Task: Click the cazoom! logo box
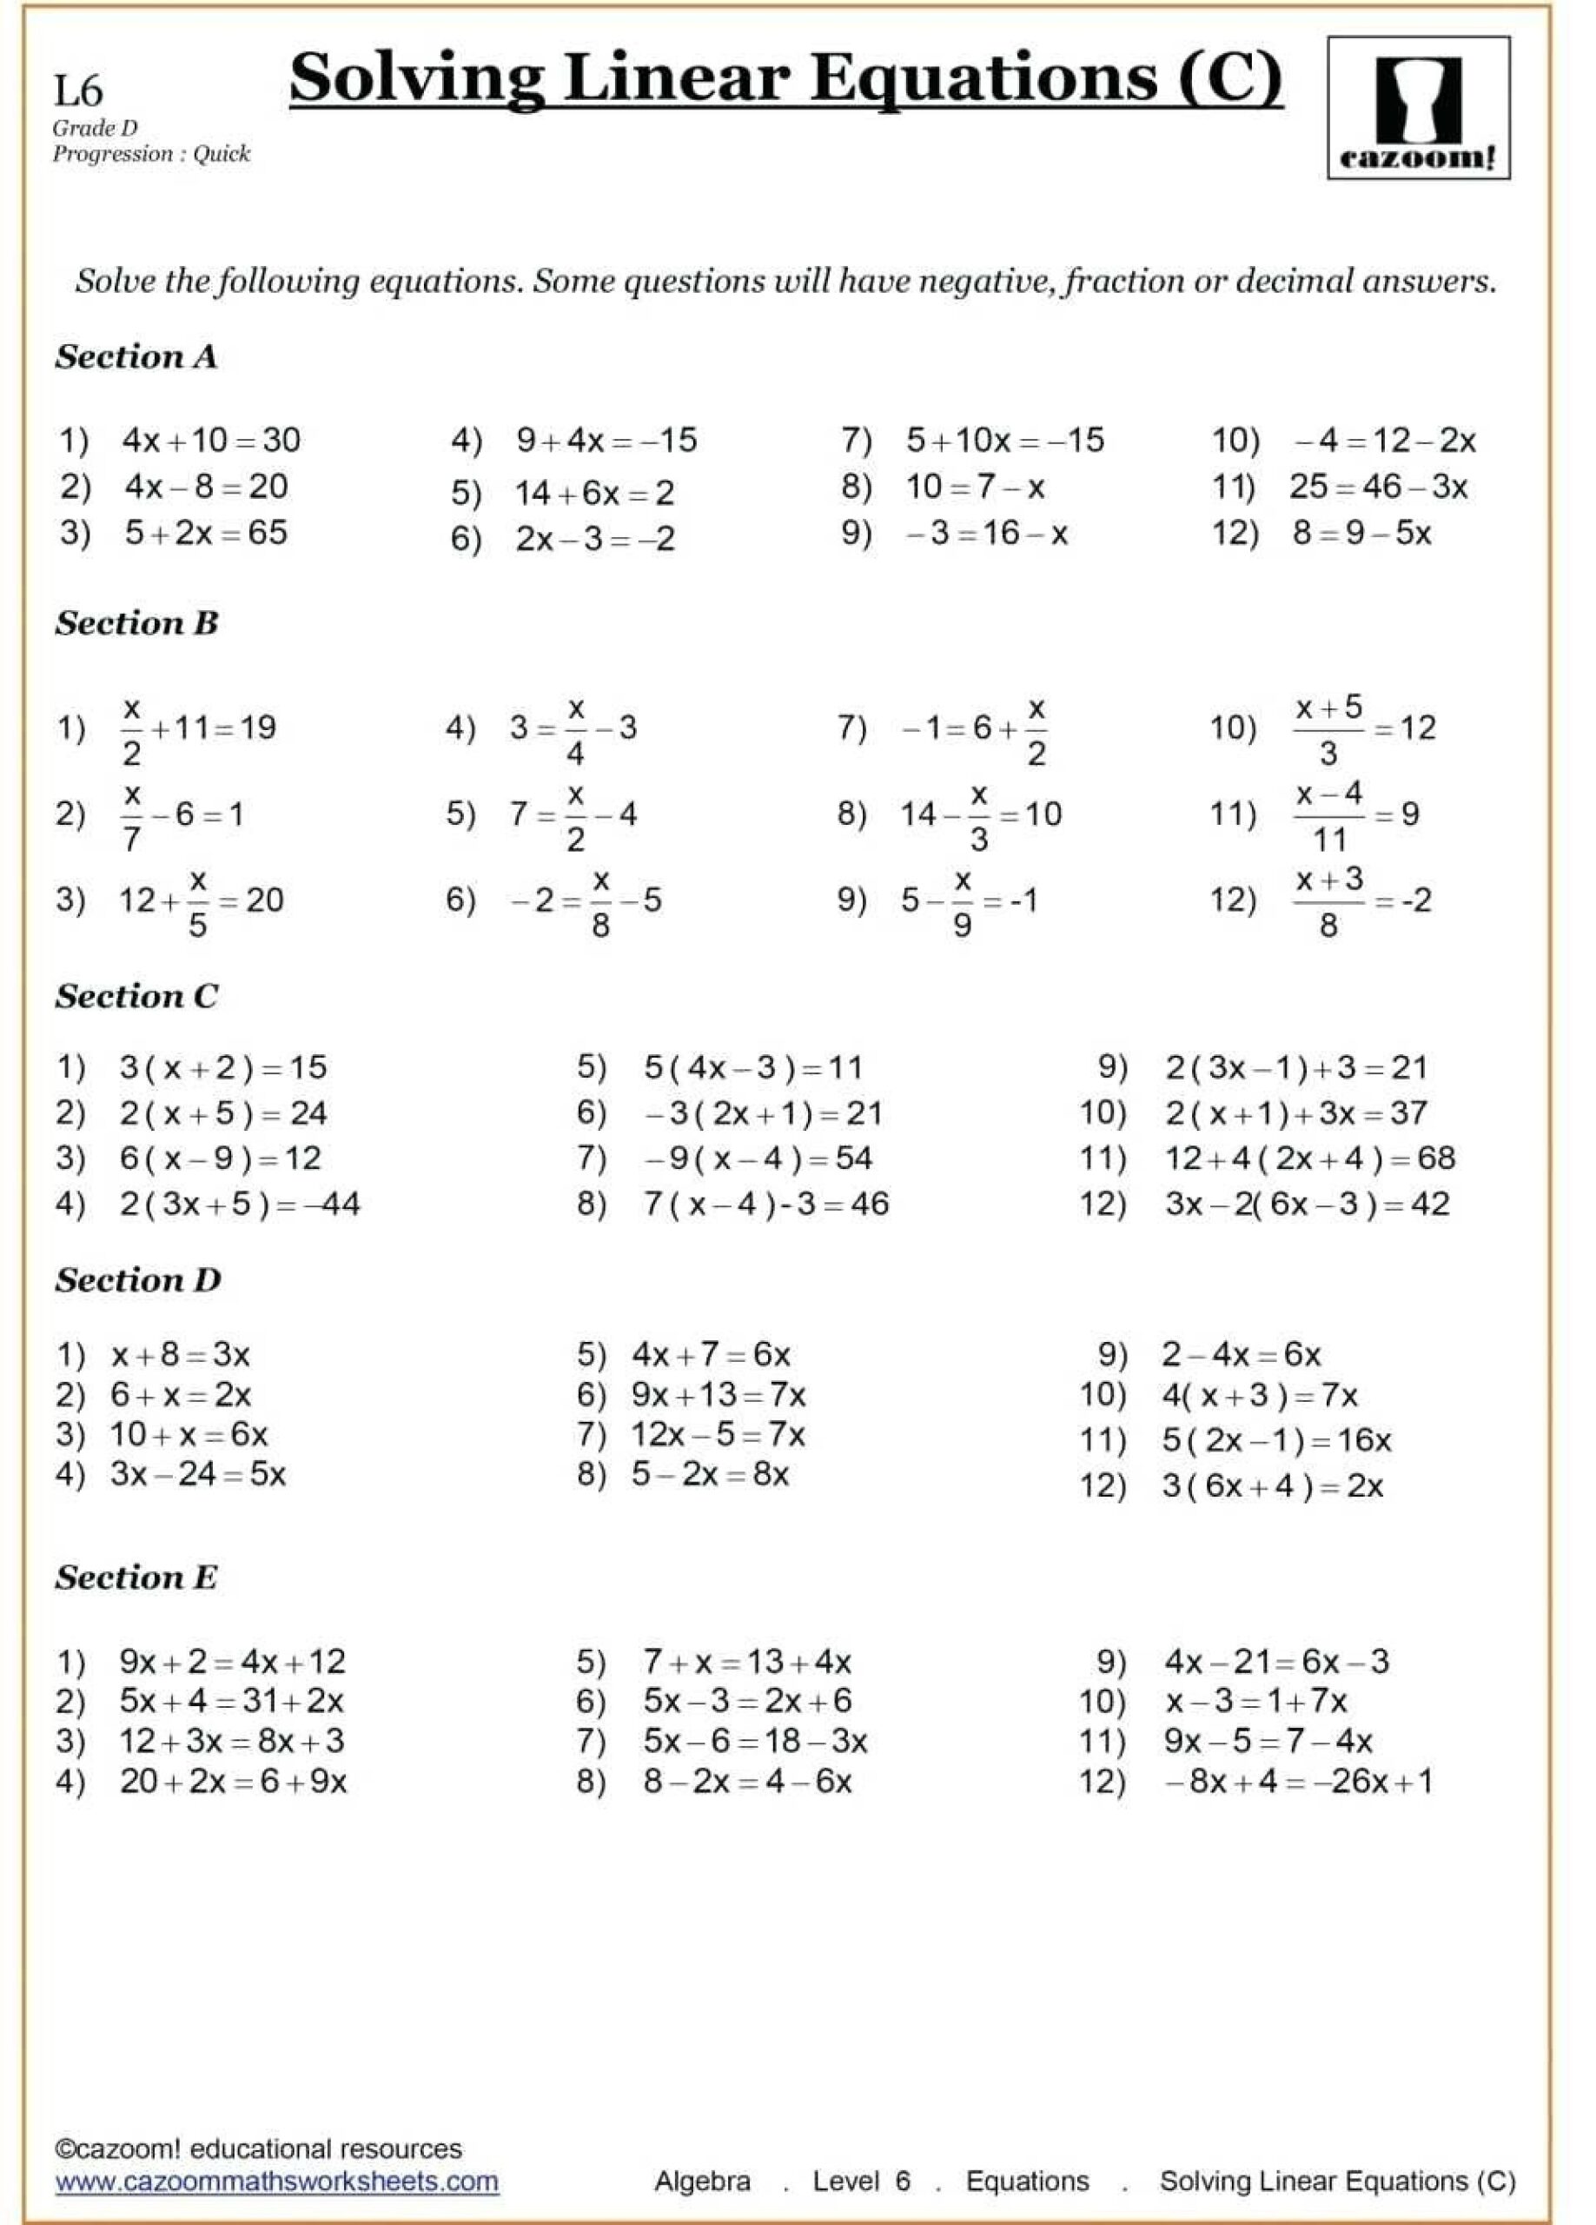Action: pyautogui.click(x=1418, y=108)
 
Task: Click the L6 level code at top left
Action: pyautogui.click(x=77, y=90)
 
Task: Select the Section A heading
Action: pyautogui.click(x=136, y=357)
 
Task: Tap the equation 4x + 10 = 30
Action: pyautogui.click(x=211, y=440)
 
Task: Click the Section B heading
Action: pyautogui.click(x=136, y=623)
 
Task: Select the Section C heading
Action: pyautogui.click(x=136, y=997)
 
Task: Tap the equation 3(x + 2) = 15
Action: pyautogui.click(x=222, y=1067)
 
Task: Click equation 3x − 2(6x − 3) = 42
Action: pyautogui.click(x=1307, y=1204)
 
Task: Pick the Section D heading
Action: pyautogui.click(x=137, y=1280)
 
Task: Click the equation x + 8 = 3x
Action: pyautogui.click(x=181, y=1355)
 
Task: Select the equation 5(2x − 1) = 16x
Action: pyautogui.click(x=1276, y=1440)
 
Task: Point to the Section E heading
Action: pyautogui.click(x=136, y=1577)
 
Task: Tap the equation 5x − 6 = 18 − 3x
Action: pyautogui.click(x=754, y=1742)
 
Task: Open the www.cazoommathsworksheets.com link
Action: pyautogui.click(x=276, y=2181)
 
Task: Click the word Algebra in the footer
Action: pyautogui.click(x=702, y=2181)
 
